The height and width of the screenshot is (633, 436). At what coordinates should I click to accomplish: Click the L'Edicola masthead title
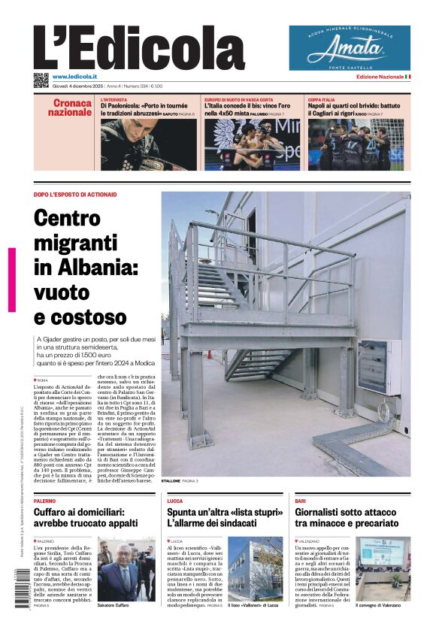point(139,49)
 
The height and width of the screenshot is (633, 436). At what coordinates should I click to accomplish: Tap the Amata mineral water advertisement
point(350,48)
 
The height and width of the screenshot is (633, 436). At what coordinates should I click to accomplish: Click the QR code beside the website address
point(41,80)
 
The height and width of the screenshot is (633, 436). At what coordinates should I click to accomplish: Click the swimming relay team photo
point(252,145)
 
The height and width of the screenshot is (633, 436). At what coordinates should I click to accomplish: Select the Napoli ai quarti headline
point(354,109)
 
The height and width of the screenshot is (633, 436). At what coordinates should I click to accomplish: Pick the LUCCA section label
point(174,500)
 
